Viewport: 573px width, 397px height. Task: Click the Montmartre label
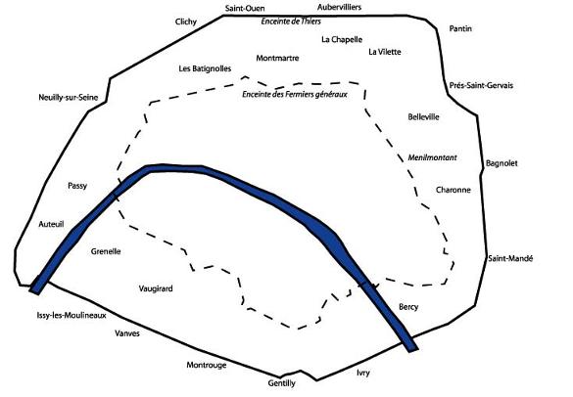pos(277,58)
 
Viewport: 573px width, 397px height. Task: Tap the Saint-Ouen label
pos(245,8)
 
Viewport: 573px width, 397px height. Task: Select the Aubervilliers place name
pos(339,7)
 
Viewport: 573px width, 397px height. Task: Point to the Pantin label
pos(460,28)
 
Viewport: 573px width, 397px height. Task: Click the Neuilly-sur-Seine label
pos(69,98)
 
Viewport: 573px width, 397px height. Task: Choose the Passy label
pos(77,186)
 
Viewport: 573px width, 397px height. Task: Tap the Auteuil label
pos(51,224)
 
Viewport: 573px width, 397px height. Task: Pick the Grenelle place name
pos(106,251)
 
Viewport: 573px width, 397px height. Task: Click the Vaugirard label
pos(156,288)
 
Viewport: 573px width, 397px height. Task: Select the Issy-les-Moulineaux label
pos(72,315)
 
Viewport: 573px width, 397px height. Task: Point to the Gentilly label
pos(281,383)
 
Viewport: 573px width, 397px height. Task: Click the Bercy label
pos(408,307)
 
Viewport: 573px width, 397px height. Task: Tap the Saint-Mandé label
pos(510,258)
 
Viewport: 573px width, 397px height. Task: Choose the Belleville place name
pos(423,116)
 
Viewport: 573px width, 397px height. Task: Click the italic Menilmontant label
pos(432,157)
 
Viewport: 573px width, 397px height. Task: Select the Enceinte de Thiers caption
pos(291,22)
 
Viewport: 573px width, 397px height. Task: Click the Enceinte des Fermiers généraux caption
pos(295,95)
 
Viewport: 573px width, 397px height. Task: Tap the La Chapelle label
pos(342,39)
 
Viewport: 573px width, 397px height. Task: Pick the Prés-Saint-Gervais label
pos(481,85)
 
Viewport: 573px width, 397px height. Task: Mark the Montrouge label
pos(207,365)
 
